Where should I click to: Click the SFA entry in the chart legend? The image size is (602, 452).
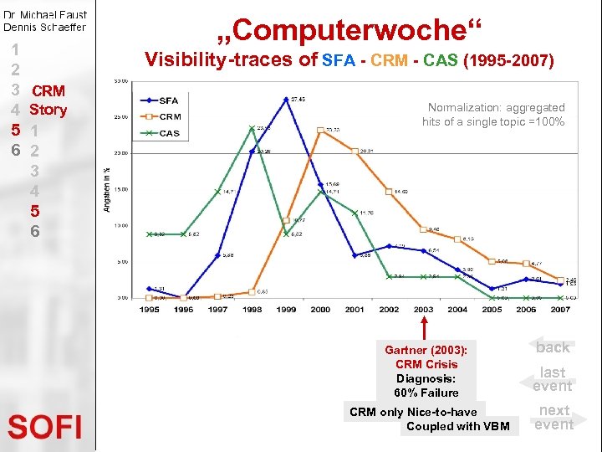tap(168, 100)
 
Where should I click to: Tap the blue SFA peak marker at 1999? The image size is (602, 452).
tap(286, 100)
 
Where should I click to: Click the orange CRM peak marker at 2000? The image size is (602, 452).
tap(321, 130)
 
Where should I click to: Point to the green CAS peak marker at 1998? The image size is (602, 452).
tap(252, 128)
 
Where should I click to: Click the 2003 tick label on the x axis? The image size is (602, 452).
tap(424, 310)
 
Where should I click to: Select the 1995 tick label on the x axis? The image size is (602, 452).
tap(149, 310)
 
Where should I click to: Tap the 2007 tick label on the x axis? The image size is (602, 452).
tap(560, 310)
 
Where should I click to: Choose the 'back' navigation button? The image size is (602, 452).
tap(553, 347)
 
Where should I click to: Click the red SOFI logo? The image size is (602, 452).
tap(45, 427)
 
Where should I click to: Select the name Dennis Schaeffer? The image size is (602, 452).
tap(44, 27)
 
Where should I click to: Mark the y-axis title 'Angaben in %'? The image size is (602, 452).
tap(106, 189)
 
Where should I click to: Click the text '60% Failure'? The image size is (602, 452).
tap(426, 393)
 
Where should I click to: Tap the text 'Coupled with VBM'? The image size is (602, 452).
tap(457, 426)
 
